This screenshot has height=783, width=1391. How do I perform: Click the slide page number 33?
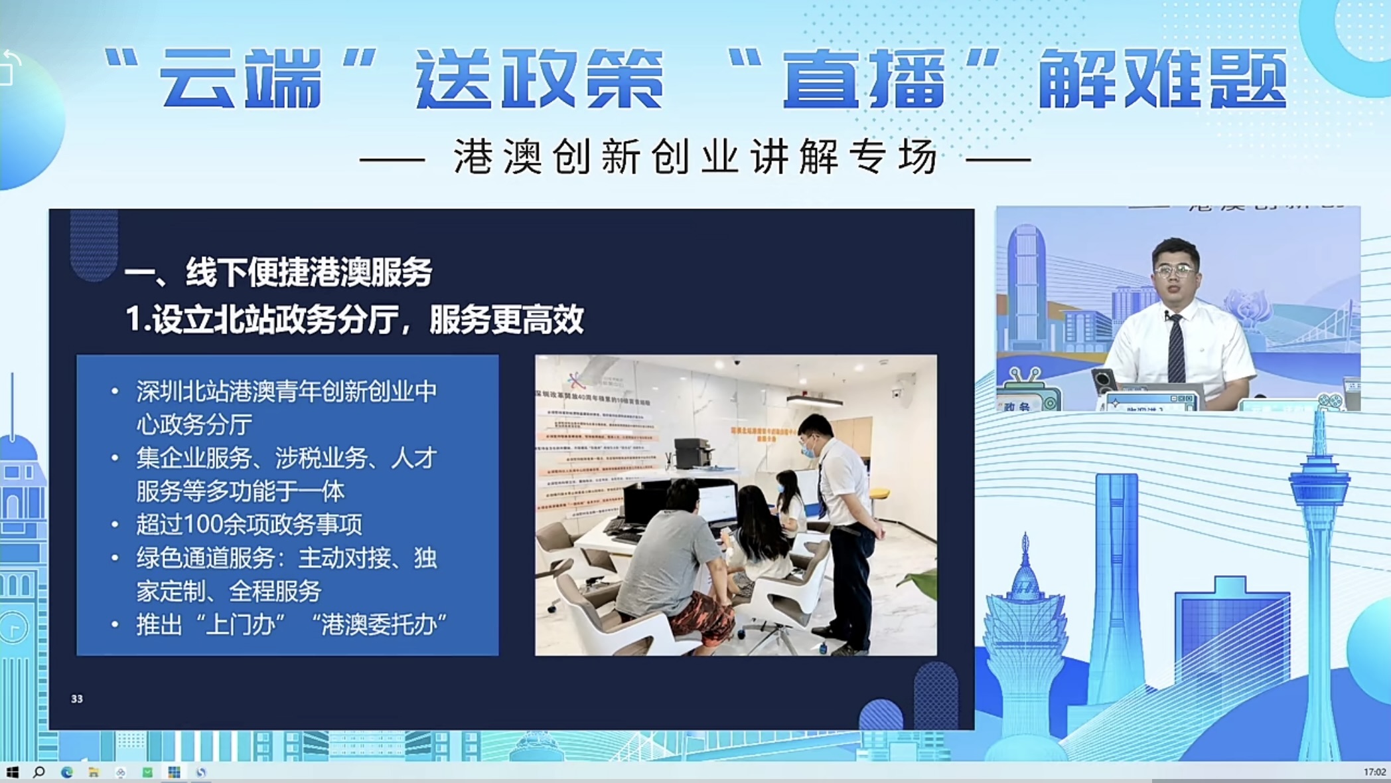[x=77, y=699]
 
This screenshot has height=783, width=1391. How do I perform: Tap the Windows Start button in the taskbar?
[x=12, y=772]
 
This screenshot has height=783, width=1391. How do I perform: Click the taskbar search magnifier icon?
[x=39, y=772]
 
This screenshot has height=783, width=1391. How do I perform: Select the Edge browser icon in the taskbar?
[x=67, y=772]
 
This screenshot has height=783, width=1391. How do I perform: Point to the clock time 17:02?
[x=1374, y=772]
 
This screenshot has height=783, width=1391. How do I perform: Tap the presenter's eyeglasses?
[x=1175, y=270]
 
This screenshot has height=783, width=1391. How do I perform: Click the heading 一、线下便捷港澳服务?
[x=279, y=272]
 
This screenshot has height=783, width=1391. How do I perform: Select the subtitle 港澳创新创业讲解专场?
[x=695, y=157]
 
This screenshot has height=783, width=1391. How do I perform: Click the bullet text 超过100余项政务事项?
[x=250, y=525]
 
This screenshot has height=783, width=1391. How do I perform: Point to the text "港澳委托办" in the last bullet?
[x=379, y=625]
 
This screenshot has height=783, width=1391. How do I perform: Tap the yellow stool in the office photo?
[x=877, y=495]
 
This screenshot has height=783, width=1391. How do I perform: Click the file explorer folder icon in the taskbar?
[x=94, y=772]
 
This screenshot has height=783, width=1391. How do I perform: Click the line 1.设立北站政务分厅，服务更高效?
[x=355, y=320]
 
